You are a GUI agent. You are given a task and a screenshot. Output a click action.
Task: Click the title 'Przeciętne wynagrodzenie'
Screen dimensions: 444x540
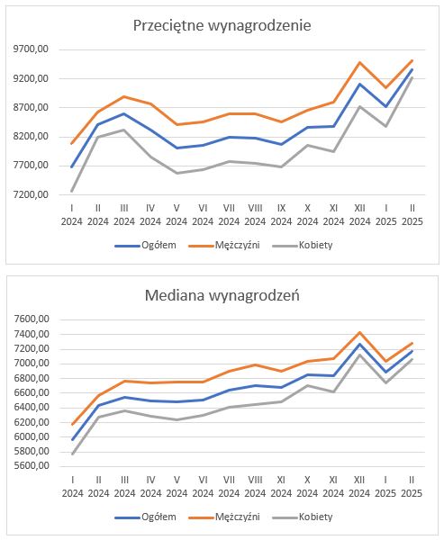[x=222, y=25]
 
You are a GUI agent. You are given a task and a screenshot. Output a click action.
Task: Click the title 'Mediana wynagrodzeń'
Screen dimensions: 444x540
[x=222, y=295]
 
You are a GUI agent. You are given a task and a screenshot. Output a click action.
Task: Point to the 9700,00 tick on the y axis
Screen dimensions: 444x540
[x=31, y=49]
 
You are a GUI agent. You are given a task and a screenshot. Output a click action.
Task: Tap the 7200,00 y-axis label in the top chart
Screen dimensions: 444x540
[x=31, y=194]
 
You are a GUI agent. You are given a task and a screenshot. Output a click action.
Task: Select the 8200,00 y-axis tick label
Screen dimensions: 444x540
[x=31, y=137]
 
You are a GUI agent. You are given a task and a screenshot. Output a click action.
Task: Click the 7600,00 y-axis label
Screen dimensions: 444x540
[x=31, y=319]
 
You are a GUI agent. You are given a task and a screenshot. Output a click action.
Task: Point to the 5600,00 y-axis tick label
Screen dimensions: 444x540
[x=31, y=465]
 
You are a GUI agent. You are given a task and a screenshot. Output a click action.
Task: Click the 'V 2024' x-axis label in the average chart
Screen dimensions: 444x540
[x=177, y=214]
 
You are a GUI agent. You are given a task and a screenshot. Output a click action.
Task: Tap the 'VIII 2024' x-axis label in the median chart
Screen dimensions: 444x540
[x=255, y=486]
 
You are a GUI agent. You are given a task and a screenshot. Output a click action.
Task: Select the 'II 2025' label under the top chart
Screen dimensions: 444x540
[x=412, y=214]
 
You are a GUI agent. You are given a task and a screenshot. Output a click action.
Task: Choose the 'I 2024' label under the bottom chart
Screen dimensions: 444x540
[x=72, y=486]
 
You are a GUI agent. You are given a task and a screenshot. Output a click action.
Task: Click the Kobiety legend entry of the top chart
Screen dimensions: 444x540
[x=303, y=245]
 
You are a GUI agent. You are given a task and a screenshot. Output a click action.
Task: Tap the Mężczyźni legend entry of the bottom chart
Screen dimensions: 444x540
[x=224, y=517]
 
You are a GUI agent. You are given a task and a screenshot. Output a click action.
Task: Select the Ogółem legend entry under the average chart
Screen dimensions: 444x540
[x=146, y=245]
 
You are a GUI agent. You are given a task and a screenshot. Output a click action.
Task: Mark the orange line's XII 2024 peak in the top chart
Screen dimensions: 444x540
[x=359, y=62]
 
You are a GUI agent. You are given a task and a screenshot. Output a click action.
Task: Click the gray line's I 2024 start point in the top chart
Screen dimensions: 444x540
[x=72, y=191]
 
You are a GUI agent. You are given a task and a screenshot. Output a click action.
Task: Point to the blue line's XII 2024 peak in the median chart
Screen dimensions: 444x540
[x=359, y=344]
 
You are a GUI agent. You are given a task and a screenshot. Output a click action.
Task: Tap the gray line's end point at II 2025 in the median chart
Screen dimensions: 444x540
[x=412, y=359]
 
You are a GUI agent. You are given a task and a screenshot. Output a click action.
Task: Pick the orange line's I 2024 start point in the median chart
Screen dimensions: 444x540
[x=72, y=424]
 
